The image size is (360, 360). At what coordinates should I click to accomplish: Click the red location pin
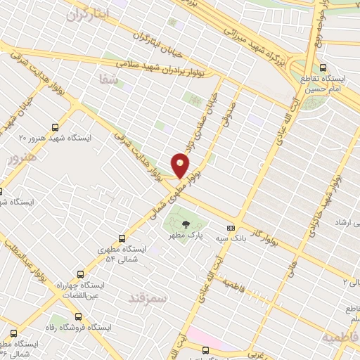[181, 166]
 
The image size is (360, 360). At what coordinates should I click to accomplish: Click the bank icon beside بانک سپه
[230, 228]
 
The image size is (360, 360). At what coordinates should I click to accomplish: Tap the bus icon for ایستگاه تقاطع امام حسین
[323, 68]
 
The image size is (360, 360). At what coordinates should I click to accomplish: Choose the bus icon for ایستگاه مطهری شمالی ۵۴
[122, 238]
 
